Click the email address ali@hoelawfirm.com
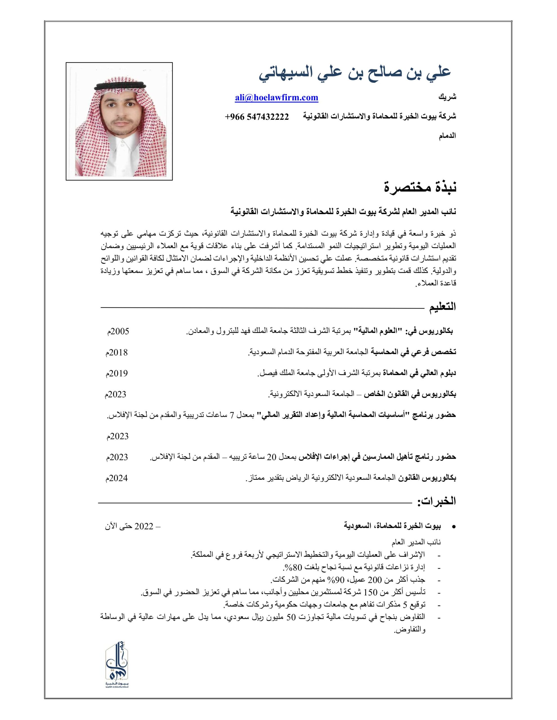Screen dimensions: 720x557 276,98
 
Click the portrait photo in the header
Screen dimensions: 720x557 119,121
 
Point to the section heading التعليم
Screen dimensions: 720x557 442,307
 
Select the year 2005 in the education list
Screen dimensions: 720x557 119,331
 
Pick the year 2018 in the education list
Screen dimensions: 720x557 117,352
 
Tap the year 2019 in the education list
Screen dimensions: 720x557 117,373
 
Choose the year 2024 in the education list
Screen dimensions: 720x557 117,478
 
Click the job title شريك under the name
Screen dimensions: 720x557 447,98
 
